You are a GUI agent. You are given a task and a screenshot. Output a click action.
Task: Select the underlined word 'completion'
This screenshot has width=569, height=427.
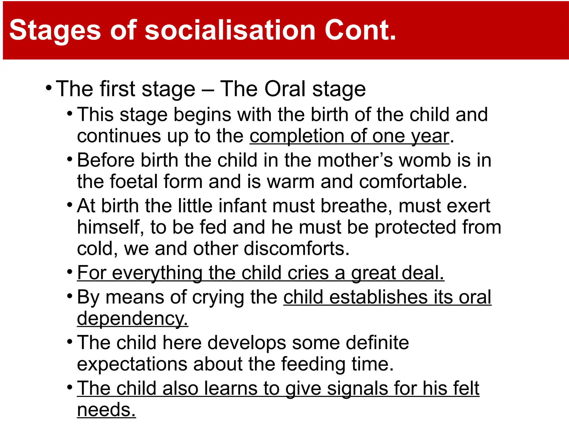tap(297, 136)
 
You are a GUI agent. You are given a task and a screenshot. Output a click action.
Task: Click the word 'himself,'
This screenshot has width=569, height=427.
tap(111, 227)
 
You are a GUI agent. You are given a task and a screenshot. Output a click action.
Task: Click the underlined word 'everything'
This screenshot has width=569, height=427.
tap(157, 273)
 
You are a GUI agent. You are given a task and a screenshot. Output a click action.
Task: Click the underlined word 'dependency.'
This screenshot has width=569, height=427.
tap(133, 319)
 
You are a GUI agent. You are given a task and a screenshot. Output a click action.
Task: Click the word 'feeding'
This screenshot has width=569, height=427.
tap(313, 364)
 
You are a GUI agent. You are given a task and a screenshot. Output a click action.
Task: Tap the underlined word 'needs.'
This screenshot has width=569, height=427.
tap(106, 410)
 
